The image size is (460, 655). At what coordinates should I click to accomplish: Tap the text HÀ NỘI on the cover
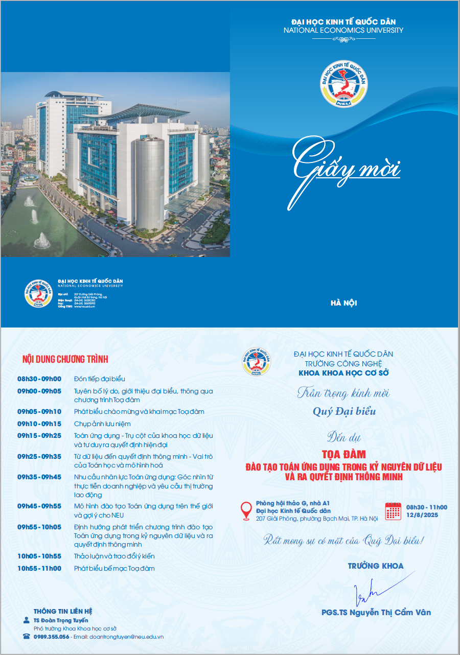click(x=343, y=303)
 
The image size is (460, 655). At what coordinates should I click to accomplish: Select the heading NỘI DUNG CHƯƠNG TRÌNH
click(x=65, y=359)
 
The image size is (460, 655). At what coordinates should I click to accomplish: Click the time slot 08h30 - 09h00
click(x=39, y=379)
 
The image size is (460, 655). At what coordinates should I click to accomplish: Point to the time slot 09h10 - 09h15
click(x=39, y=424)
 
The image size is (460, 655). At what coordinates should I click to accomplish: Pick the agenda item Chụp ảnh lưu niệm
click(x=102, y=424)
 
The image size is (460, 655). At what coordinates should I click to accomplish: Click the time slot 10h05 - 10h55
click(x=39, y=556)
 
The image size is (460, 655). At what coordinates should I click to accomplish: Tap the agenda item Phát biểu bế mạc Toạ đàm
click(x=114, y=569)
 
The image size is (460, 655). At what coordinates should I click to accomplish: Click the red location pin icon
click(x=246, y=510)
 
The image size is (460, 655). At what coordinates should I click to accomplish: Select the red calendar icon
click(x=393, y=511)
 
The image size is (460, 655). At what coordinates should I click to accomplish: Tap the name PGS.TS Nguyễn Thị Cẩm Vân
click(x=376, y=613)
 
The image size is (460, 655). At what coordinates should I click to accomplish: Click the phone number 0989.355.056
click(x=51, y=637)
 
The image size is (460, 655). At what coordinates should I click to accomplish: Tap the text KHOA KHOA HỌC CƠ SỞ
click(x=343, y=373)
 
